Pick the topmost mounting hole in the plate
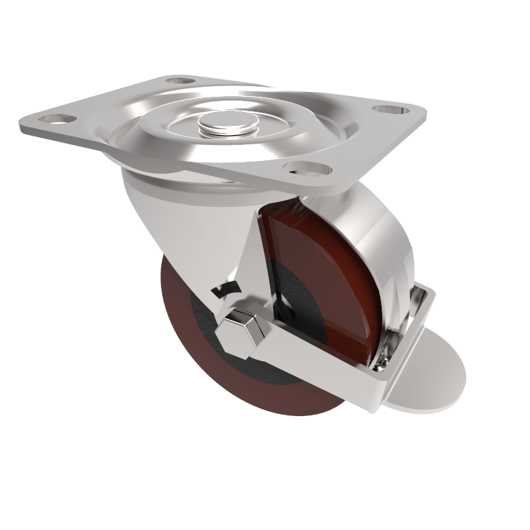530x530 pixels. [178, 81]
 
